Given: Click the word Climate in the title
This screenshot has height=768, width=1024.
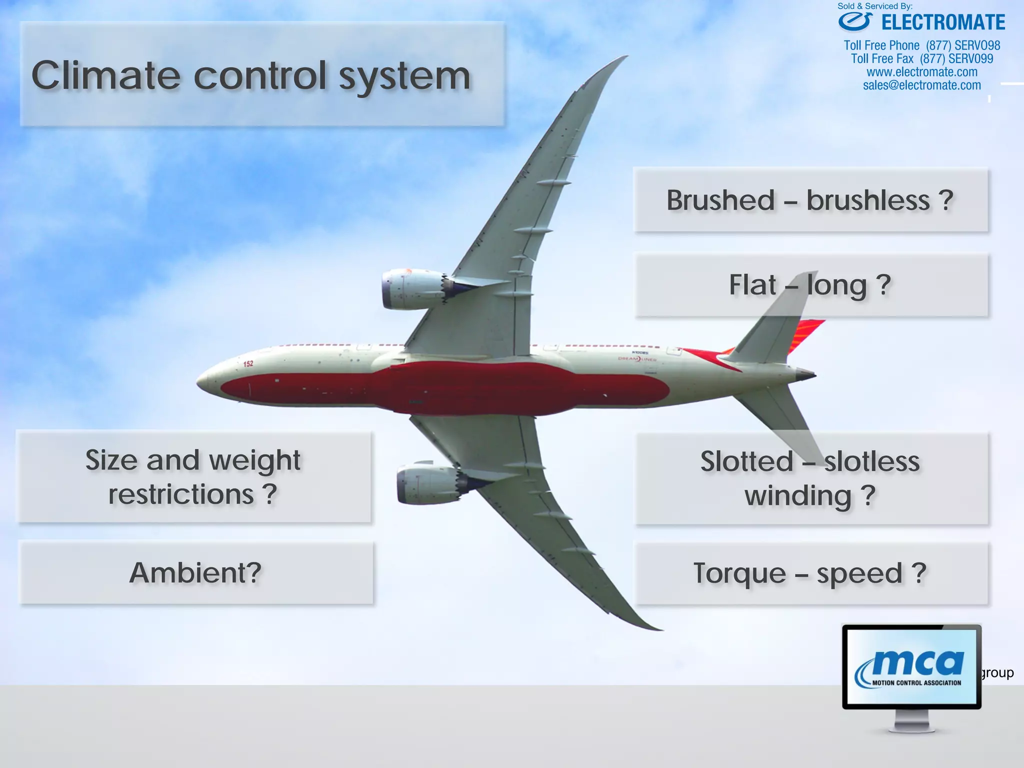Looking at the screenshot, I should pyautogui.click(x=105, y=76).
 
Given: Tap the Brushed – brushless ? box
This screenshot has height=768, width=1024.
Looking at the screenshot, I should pyautogui.click(x=810, y=200).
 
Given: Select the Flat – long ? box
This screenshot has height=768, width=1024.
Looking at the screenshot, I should pyautogui.click(x=810, y=285).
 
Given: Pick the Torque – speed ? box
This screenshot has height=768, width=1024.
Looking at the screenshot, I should pyautogui.click(x=810, y=573).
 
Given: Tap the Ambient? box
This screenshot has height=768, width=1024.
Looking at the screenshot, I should pyautogui.click(x=195, y=573).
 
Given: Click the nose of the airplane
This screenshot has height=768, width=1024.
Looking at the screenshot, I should pyautogui.click(x=200, y=381).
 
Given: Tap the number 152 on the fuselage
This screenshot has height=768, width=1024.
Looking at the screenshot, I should pyautogui.click(x=248, y=363).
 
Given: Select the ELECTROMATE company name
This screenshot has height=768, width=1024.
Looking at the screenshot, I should pyautogui.click(x=942, y=23).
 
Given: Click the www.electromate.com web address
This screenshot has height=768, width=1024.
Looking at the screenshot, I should pyautogui.click(x=922, y=72).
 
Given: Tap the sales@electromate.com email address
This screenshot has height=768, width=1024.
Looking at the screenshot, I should pyautogui.click(x=922, y=85).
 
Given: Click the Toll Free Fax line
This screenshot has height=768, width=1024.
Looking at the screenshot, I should pyautogui.click(x=922, y=59).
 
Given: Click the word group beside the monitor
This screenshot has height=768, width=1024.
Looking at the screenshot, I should pyautogui.click(x=998, y=673).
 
